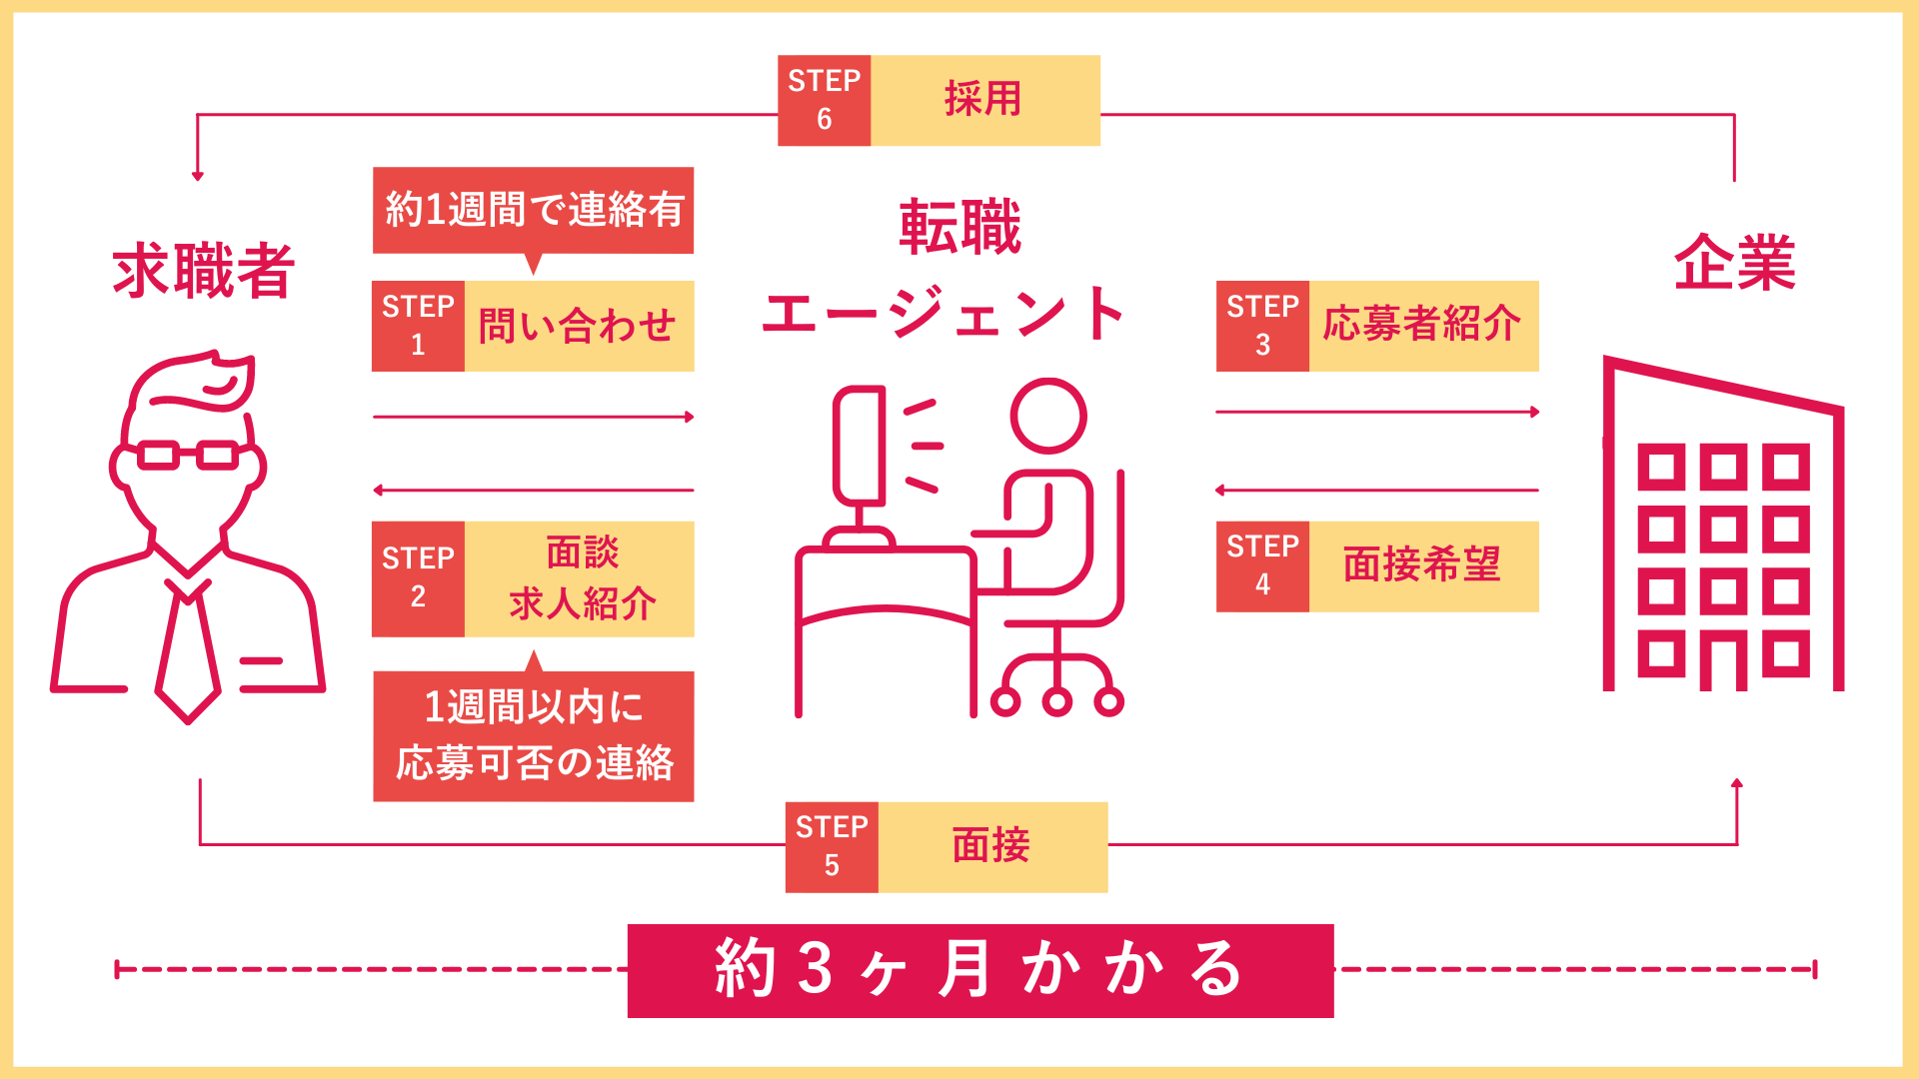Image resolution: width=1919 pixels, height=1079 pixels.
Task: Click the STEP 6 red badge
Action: (x=824, y=100)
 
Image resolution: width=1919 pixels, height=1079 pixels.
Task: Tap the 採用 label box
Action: (x=984, y=100)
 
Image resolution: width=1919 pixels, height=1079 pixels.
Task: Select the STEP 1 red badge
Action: (x=418, y=326)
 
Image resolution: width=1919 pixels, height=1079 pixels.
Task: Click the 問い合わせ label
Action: (x=579, y=326)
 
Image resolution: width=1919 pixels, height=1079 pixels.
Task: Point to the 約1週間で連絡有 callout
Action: (x=533, y=210)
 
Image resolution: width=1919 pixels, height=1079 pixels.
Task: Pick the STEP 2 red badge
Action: (x=418, y=578)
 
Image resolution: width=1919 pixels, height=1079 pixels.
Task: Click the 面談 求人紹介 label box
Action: (x=580, y=578)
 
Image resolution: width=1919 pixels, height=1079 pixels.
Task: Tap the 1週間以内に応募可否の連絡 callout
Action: (x=533, y=736)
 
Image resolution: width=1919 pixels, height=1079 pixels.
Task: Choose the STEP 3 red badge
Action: (x=1262, y=326)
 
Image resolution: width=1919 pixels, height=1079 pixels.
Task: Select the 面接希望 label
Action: (x=1423, y=565)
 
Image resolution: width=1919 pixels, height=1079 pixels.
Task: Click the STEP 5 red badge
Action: (x=832, y=846)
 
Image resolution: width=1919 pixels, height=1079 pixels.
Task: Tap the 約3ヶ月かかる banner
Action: (x=980, y=970)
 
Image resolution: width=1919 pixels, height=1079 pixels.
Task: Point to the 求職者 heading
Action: (x=203, y=271)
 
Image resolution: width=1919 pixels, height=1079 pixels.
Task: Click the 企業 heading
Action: (x=1735, y=264)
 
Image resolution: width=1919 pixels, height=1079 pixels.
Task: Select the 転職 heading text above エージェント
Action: (x=959, y=228)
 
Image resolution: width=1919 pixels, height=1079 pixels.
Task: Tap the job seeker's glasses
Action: (x=188, y=456)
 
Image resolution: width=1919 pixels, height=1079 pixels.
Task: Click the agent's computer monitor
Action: (x=860, y=446)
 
